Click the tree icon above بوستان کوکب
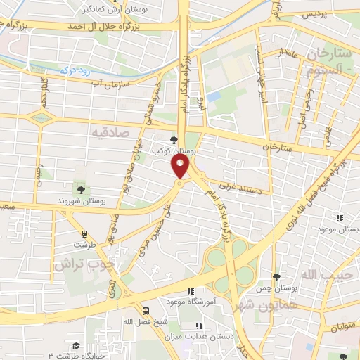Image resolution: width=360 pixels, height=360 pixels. click(x=174, y=139)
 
